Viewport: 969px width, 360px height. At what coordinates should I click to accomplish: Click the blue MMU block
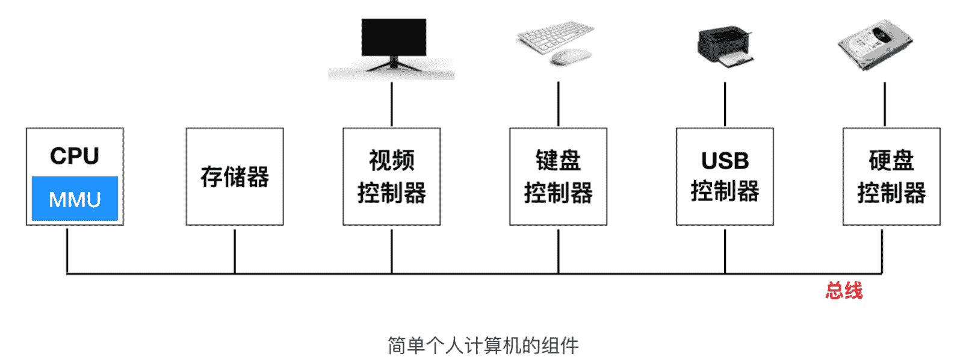pyautogui.click(x=75, y=199)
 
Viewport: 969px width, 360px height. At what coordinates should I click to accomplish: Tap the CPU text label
pyautogui.click(x=75, y=156)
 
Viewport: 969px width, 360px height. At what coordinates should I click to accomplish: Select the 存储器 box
pyautogui.click(x=234, y=176)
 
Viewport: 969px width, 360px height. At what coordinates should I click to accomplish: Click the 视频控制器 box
pyautogui.click(x=391, y=176)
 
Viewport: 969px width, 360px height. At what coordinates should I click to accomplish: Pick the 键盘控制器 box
pyautogui.click(x=558, y=176)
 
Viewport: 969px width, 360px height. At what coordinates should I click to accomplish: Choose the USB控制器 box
pyautogui.click(x=725, y=176)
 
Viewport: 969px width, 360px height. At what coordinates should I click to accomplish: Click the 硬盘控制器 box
pyautogui.click(x=891, y=176)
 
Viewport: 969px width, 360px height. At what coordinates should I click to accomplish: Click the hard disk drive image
pyautogui.click(x=875, y=43)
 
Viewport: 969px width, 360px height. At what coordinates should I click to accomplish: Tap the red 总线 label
pyautogui.click(x=844, y=291)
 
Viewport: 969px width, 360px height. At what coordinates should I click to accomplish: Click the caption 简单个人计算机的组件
pyautogui.click(x=483, y=346)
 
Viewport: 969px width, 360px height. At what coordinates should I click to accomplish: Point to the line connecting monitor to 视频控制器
pyautogui.click(x=392, y=104)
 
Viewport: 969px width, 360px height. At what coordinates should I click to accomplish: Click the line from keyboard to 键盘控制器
pyautogui.click(x=559, y=104)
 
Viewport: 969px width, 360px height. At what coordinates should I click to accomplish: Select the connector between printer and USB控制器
pyautogui.click(x=725, y=104)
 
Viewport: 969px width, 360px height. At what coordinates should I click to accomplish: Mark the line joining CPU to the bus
pyautogui.click(x=67, y=250)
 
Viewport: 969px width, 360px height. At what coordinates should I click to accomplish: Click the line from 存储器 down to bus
pyautogui.click(x=235, y=250)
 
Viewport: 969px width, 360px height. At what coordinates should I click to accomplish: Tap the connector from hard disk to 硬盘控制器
pyautogui.click(x=885, y=104)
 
